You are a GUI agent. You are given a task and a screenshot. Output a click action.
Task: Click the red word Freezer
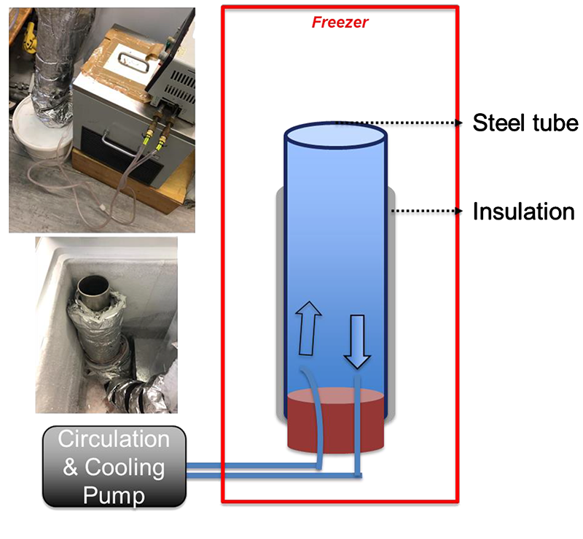(340, 23)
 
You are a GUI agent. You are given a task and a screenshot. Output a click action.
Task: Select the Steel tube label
(525, 123)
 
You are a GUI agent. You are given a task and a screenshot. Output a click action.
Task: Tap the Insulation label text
(523, 212)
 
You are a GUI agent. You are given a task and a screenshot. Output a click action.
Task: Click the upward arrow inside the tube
(308, 328)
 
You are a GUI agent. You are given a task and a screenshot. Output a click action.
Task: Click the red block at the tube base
(336, 421)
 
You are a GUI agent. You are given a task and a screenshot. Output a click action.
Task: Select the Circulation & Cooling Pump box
(114, 467)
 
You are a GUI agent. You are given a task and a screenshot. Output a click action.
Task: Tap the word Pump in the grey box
(114, 495)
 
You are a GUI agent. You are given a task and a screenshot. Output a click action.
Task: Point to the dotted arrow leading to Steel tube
(399, 123)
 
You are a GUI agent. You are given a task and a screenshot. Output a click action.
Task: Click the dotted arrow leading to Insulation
(427, 211)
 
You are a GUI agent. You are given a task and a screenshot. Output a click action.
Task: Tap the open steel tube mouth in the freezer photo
(93, 287)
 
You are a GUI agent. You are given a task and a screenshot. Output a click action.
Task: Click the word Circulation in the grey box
(114, 438)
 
